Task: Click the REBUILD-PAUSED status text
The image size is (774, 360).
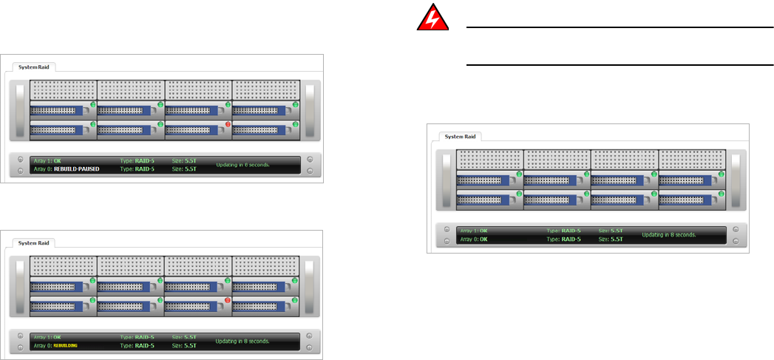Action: point(76,169)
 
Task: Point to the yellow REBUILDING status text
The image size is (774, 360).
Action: point(66,345)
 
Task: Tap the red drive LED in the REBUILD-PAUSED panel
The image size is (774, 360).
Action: point(228,124)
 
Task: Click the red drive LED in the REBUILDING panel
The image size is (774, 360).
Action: point(228,300)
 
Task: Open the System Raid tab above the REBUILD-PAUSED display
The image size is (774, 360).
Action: point(34,66)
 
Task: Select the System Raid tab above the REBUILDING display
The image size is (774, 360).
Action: point(34,242)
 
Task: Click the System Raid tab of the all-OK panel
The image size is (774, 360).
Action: point(461,136)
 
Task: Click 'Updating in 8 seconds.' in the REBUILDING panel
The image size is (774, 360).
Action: point(242,341)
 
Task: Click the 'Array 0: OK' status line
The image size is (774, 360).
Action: point(474,240)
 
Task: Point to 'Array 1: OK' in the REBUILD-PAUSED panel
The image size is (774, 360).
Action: point(48,160)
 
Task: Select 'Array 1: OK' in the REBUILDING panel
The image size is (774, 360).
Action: point(48,337)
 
